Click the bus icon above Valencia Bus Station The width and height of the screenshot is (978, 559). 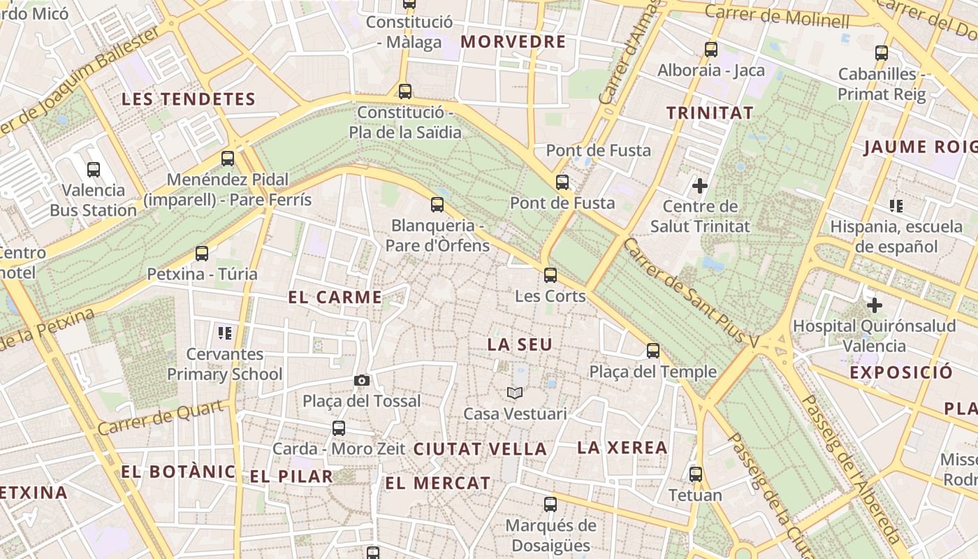tap(93, 169)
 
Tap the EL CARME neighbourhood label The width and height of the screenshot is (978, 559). tap(335, 297)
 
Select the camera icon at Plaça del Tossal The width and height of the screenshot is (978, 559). tap(361, 380)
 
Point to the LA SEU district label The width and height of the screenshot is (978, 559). tap(520, 344)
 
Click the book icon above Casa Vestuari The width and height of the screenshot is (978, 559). tap(515, 393)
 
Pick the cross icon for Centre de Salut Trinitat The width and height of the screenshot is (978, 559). tap(699, 186)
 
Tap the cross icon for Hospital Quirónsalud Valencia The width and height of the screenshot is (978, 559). tap(874, 305)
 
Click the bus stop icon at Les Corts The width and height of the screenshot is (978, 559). tap(550, 275)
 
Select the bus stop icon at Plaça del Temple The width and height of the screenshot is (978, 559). tap(653, 351)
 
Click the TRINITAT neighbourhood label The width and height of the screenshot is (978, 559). tap(710, 112)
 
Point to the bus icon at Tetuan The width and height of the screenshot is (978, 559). tap(695, 474)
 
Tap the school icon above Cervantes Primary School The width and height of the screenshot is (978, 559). tap(224, 333)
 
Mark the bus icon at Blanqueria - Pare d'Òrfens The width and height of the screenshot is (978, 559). tap(437, 205)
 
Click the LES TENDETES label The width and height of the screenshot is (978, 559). tap(189, 99)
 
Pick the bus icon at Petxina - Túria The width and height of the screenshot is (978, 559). tap(202, 254)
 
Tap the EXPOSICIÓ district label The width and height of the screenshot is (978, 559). tap(900, 372)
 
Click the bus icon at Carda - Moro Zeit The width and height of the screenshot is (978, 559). tap(339, 428)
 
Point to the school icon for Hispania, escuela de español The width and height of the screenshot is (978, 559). tap(896, 206)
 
